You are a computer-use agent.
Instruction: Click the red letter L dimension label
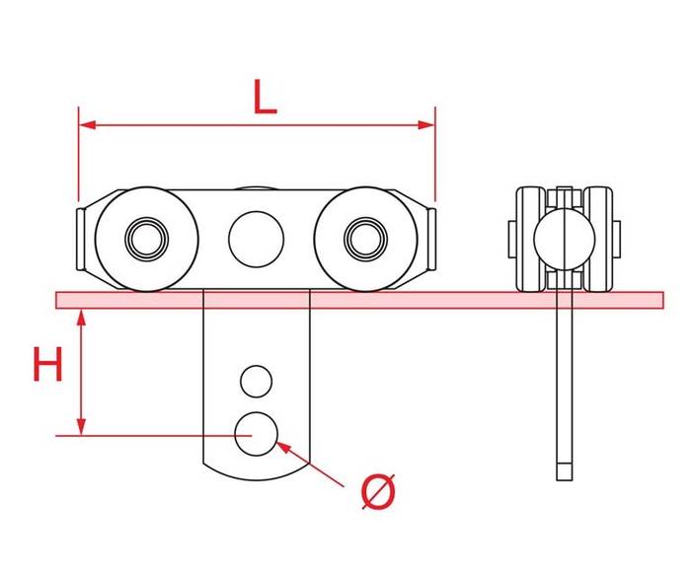pos(265,98)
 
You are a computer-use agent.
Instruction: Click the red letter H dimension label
pos(48,364)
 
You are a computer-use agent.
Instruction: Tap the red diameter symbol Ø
pos(378,491)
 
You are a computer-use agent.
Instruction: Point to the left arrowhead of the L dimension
pos(87,125)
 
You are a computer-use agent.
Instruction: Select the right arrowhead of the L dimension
pos(426,125)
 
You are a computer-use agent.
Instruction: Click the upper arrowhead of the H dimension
pos(81,318)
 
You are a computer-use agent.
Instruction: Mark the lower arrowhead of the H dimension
pos(81,427)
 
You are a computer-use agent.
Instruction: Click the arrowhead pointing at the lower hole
pos(283,448)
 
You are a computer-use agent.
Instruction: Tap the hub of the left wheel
pos(147,239)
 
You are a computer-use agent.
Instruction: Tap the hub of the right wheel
pos(365,239)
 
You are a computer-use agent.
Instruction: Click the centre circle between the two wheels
pos(256,239)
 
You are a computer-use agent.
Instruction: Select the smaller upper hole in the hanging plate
pos(256,382)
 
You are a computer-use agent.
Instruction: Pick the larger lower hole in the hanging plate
pos(256,434)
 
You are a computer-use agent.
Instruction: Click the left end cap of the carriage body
pos(80,239)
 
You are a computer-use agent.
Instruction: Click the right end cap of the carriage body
pos(432,239)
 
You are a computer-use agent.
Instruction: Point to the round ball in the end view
pos(565,239)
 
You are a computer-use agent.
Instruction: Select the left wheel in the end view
pos(531,239)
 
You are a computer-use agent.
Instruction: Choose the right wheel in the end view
pos(598,239)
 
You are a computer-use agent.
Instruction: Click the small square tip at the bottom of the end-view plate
pos(565,471)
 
